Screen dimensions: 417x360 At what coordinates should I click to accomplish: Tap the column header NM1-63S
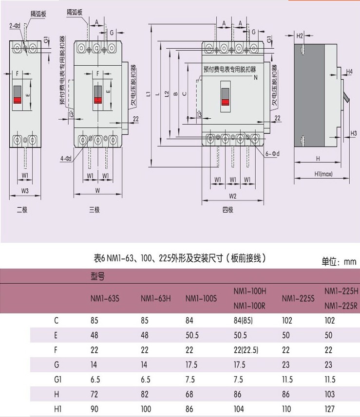click(105, 298)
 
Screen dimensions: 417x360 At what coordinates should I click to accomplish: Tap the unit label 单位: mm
click(339, 262)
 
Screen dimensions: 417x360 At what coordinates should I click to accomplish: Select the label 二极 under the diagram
click(22, 210)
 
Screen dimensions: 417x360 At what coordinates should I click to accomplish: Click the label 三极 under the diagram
click(94, 210)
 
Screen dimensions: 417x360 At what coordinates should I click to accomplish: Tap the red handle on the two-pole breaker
click(17, 100)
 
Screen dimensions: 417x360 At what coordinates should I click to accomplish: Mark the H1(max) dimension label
click(323, 174)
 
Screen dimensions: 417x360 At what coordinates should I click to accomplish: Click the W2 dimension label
click(232, 197)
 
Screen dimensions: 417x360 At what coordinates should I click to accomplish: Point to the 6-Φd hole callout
click(273, 154)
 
